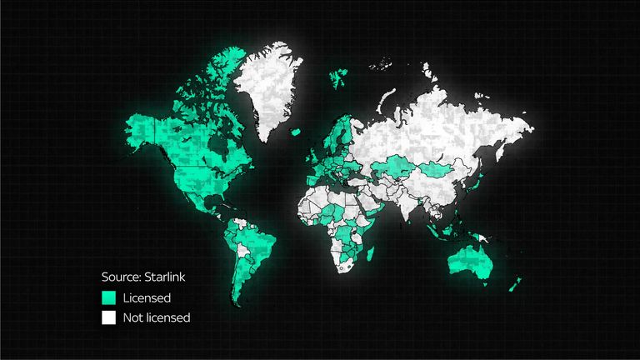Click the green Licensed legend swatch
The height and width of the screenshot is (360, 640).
click(108, 297)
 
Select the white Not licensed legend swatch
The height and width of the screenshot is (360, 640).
click(108, 317)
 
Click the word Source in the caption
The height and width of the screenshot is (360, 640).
click(122, 277)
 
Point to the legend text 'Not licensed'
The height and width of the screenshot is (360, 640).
click(157, 317)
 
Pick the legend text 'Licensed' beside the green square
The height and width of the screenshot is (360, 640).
click(147, 297)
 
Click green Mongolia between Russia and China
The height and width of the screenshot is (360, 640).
click(438, 170)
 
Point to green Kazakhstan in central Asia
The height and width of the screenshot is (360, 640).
click(392, 166)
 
